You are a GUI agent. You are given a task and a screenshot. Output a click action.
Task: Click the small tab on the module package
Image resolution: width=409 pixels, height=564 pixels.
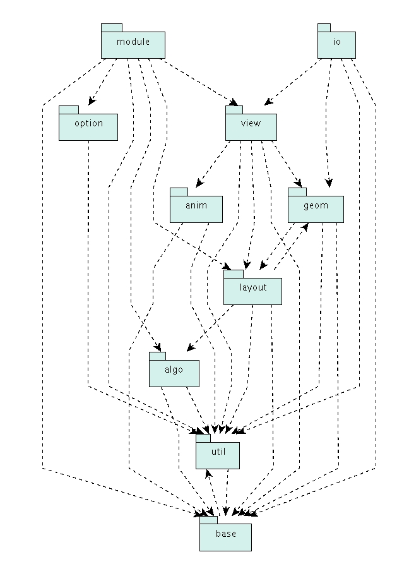click(x=112, y=28)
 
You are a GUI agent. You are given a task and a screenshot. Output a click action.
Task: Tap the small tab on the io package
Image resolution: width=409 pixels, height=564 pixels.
click(x=324, y=28)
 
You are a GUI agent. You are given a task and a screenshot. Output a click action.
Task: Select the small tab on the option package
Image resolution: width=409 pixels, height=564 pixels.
click(x=68, y=110)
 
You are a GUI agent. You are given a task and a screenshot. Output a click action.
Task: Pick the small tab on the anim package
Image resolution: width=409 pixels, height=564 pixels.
click(x=179, y=192)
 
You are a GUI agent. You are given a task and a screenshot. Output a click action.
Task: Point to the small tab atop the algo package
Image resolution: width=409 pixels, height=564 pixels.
click(x=157, y=356)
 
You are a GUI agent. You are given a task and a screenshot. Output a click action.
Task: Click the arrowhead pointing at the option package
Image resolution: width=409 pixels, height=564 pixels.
click(x=92, y=101)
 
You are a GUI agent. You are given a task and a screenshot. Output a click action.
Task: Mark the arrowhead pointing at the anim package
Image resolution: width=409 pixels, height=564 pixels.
click(x=199, y=183)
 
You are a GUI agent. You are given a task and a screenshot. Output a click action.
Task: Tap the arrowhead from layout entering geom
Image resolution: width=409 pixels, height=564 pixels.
click(x=305, y=227)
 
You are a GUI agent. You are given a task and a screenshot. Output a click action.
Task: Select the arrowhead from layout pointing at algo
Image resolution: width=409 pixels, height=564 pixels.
click(x=191, y=347)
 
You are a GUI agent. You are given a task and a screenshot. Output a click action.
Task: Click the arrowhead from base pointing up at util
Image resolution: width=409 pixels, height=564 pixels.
click(x=208, y=473)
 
